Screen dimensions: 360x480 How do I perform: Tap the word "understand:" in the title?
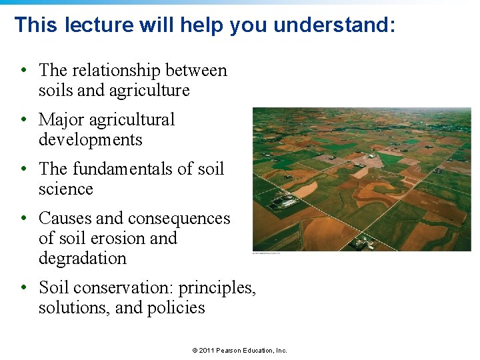coord(335,25)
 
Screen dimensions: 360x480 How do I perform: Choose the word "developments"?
coord(90,139)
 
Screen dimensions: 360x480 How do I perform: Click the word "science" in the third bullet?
coord(65,189)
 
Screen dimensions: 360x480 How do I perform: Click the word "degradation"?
coord(82,258)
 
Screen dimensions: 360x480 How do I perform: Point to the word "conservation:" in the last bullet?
coord(123,287)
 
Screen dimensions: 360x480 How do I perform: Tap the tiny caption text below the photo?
coord(266,253)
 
